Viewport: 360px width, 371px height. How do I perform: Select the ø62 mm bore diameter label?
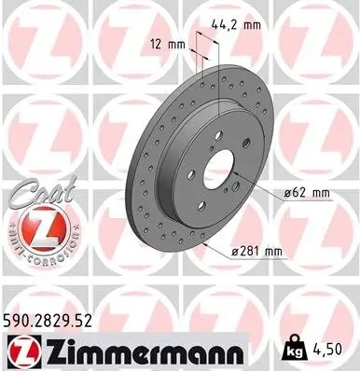(x=308, y=193)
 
